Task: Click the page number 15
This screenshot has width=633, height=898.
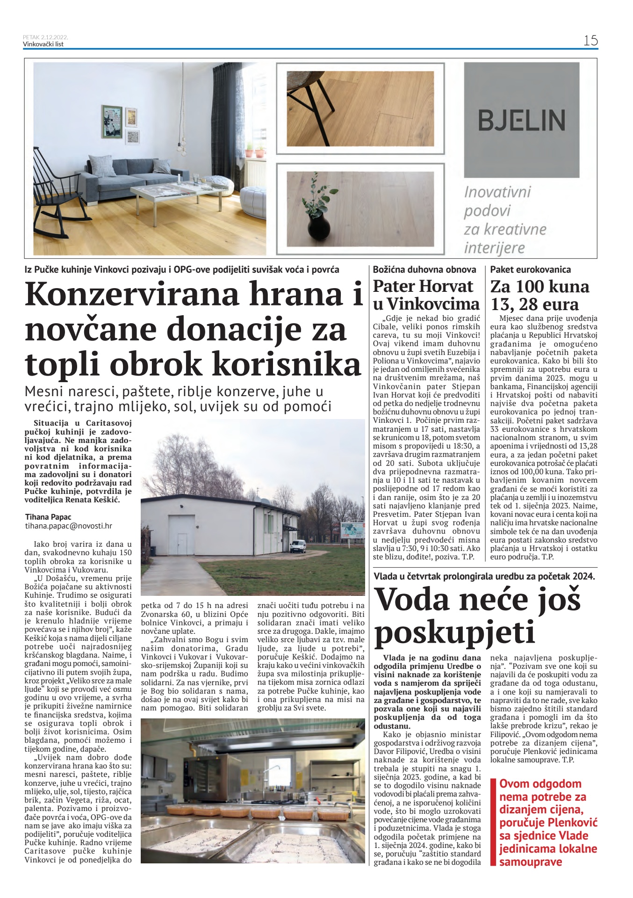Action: pos(590,40)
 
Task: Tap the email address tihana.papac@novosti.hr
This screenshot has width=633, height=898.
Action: pos(69,526)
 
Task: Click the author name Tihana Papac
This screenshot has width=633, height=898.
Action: pos(48,517)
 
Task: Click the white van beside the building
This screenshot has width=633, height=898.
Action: pos(297,546)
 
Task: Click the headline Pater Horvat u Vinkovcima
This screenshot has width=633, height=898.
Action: pos(426,295)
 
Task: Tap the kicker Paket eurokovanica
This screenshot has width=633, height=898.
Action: pos(530,269)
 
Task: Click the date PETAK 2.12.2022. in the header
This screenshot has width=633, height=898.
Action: pos(45,37)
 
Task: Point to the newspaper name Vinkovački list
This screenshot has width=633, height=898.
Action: pos(43,44)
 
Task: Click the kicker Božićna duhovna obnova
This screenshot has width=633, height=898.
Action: pos(424,269)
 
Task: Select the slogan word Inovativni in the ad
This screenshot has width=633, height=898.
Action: pos(497,192)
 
